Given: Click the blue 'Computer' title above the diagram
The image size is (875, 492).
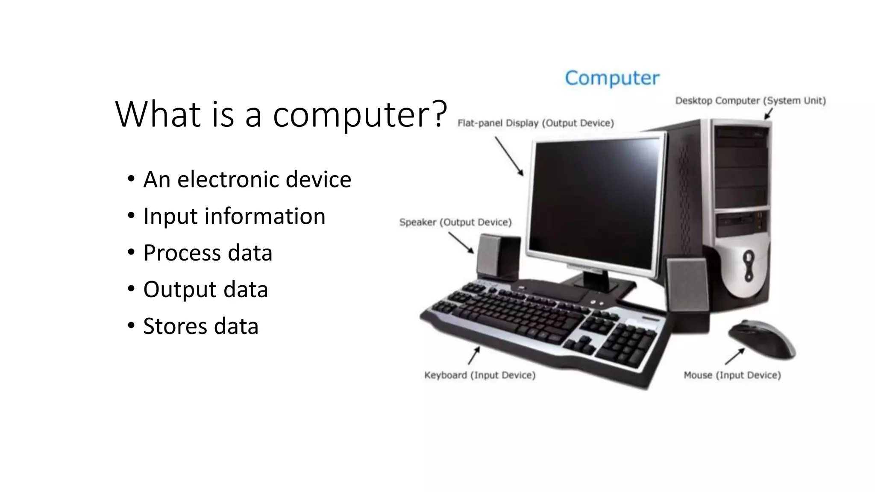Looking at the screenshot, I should tap(612, 78).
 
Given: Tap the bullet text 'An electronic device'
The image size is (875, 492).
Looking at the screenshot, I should tap(247, 179).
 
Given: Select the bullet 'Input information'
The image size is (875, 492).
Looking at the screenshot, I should tap(234, 216).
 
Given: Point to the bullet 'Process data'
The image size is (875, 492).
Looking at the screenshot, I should tap(208, 252).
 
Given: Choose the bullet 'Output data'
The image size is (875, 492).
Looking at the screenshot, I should tap(206, 289).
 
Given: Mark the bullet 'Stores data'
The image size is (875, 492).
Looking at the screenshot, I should tap(201, 326).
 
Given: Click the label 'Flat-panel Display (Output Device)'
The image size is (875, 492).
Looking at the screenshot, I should tap(535, 123).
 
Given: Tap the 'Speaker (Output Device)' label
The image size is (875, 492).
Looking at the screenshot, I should tap(455, 222).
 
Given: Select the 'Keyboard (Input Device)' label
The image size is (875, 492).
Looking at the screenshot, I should tap(479, 375).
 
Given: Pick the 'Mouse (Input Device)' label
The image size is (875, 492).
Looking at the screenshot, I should tap(732, 375).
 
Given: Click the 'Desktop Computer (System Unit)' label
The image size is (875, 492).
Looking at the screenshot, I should tap(750, 101).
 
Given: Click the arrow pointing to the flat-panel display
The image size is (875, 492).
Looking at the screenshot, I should tap(509, 156).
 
